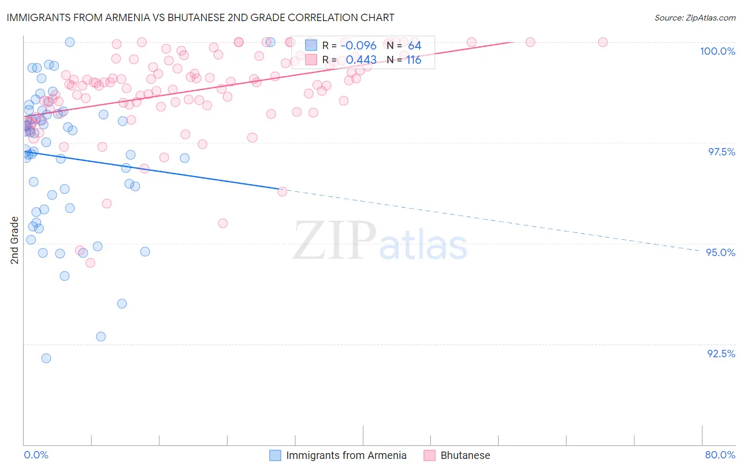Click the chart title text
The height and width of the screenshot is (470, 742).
[200, 17]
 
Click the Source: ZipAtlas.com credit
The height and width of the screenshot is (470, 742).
[695, 18]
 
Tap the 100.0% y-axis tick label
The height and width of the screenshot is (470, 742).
[717, 51]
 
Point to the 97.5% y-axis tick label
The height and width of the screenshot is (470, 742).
[721, 152]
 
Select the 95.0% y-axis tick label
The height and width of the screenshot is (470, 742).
[720, 252]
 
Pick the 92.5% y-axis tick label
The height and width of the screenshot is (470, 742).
[721, 354]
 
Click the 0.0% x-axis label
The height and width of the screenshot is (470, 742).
[36, 455]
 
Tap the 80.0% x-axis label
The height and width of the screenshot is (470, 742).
[720, 455]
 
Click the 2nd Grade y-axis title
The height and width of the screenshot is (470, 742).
[15, 240]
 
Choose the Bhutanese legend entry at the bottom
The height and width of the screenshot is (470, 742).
[465, 455]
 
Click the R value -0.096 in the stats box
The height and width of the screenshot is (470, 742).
[358, 46]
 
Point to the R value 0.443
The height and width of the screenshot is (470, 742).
[361, 60]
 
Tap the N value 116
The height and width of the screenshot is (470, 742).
[414, 60]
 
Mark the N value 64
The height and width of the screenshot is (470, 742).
[414, 46]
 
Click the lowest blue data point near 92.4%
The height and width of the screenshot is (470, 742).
[46, 358]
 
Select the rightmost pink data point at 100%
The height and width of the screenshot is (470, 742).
[603, 42]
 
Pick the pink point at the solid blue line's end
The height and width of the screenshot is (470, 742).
[282, 191]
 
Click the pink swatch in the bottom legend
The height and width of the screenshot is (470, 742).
[429, 455]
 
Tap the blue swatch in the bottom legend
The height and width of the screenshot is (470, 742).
[275, 455]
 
